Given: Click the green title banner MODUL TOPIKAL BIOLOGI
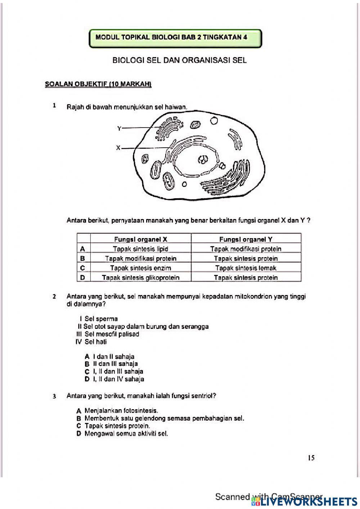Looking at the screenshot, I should pos(175,37).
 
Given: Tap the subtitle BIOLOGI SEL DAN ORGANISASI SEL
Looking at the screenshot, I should pos(179,60).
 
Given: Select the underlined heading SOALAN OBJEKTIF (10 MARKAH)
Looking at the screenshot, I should pos(98,84).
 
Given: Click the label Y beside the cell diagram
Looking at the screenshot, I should pos(119,128).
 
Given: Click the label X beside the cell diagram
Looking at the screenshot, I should pos(118,147).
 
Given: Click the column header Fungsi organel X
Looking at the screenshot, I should pos(140,239).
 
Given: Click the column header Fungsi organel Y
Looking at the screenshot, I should pos(246,239).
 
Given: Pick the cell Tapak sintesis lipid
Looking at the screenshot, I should pos(140,249).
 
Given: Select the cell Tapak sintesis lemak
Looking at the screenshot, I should pos(246,268).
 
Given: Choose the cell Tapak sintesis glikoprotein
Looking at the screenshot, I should pos(140,277).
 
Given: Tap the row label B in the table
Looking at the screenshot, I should pos(83,258).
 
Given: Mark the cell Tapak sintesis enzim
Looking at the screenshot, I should pos(140,268).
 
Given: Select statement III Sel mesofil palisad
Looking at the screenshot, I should pos(108,334).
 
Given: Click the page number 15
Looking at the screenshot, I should pos(311,458).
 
